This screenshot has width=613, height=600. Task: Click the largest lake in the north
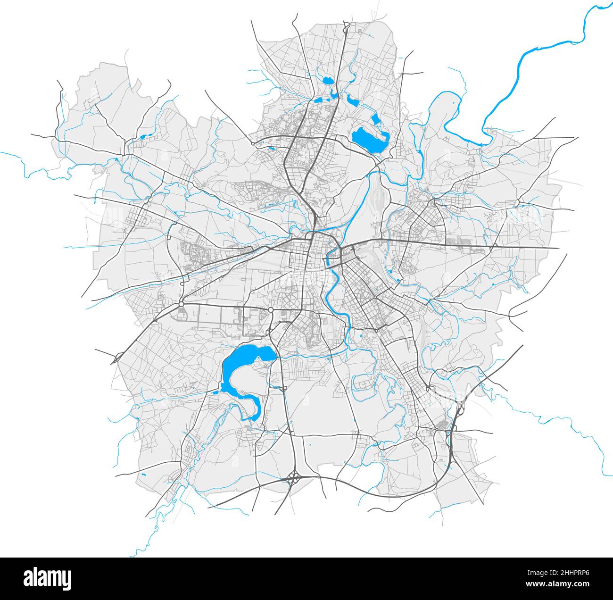point(369,139)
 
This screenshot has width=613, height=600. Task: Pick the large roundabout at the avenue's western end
point(181,304)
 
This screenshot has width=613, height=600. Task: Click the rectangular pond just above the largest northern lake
point(375,119)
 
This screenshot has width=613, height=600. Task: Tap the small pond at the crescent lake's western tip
point(217,392)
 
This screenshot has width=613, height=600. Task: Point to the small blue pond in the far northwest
point(142,137)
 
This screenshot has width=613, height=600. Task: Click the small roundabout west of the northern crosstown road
point(253,142)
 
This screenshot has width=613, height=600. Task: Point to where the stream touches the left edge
point(1,153)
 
